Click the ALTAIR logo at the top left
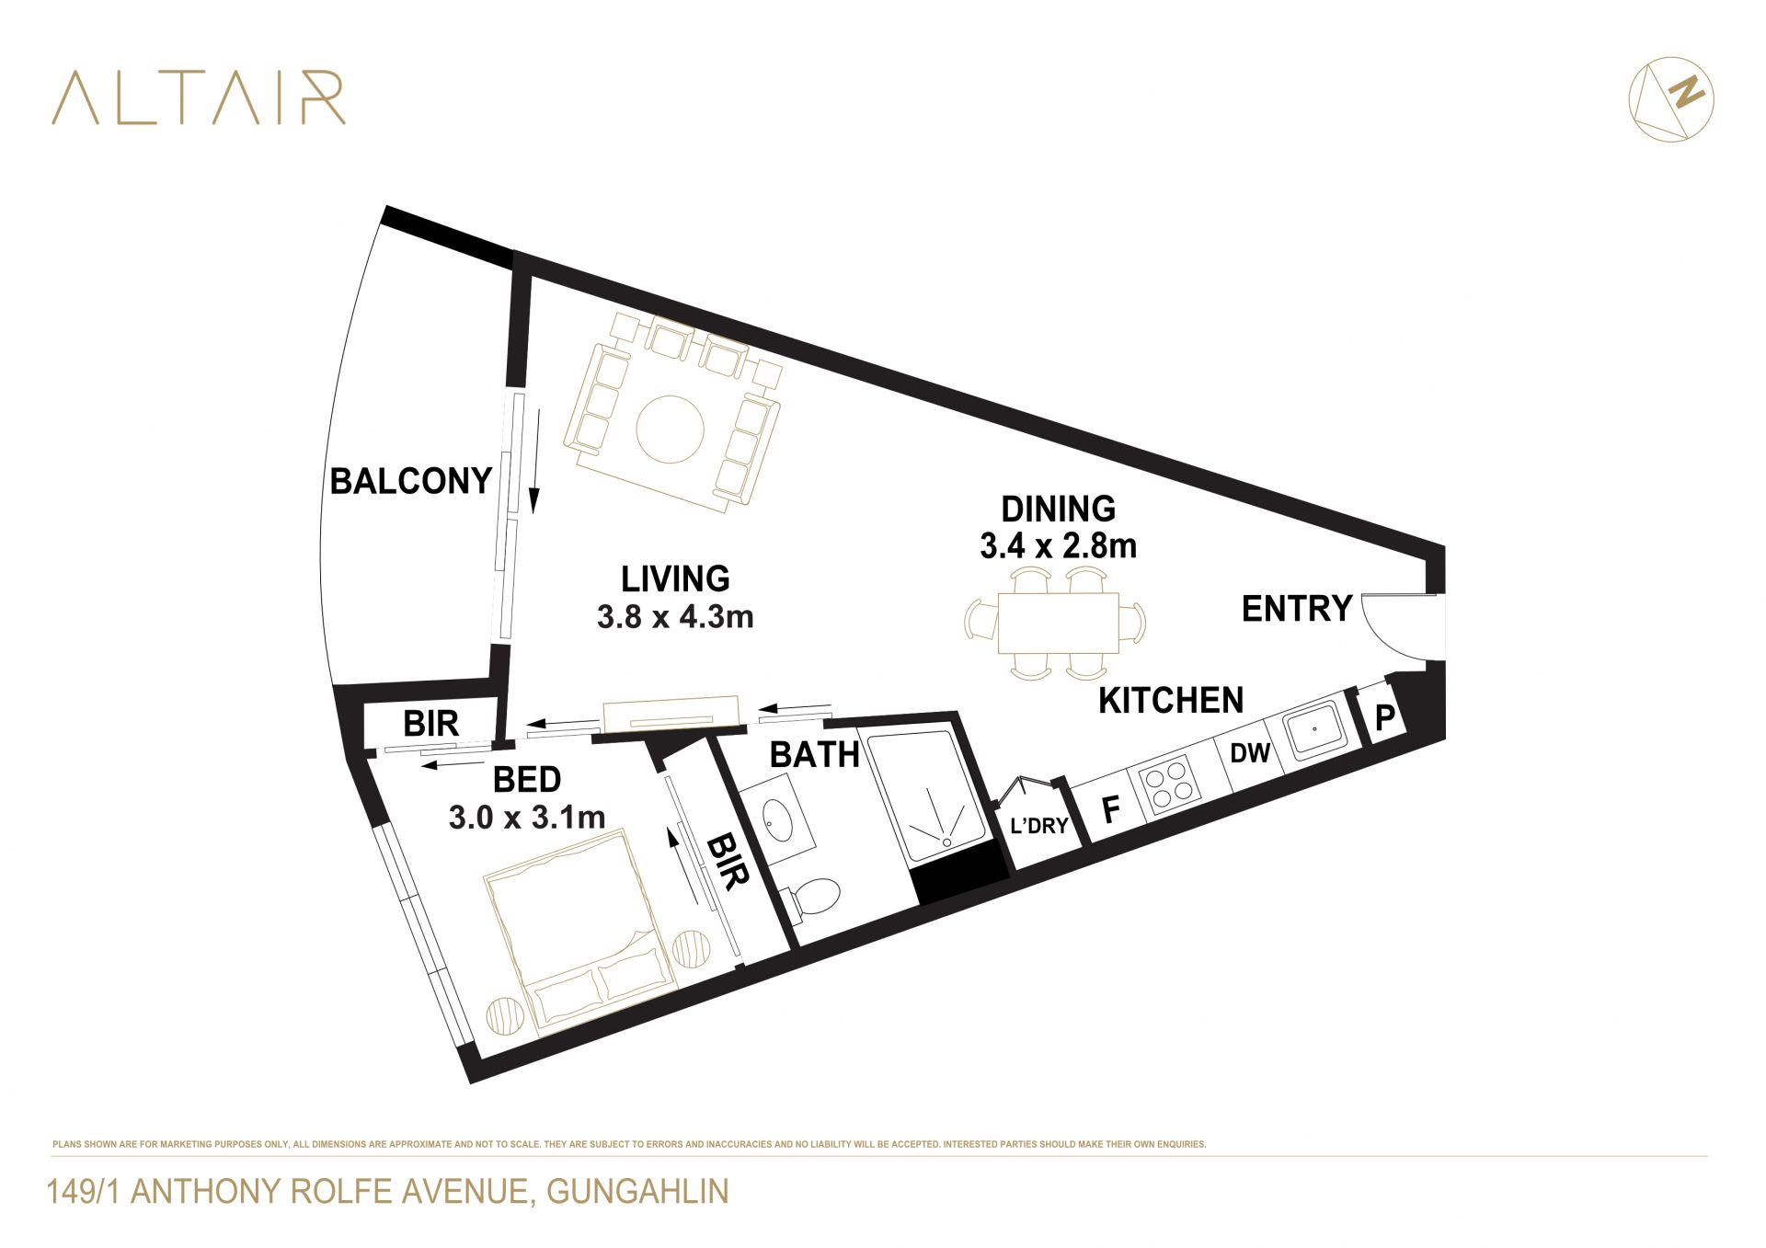198,97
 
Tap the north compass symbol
1671,98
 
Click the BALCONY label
411,481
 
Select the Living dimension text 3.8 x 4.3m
675,616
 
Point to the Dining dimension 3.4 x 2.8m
1058,546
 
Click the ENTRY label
1297,609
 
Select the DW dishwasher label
1250,753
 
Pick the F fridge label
1111,810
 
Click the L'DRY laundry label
1039,826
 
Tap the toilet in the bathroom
811,899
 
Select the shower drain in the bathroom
946,841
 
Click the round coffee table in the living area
671,429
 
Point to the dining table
1059,623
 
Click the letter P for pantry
1384,717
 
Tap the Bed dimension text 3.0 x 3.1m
527,817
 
